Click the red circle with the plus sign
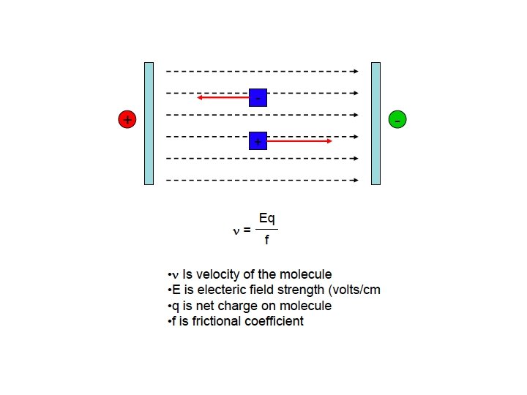point(127,120)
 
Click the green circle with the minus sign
point(397,120)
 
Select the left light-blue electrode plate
point(149,123)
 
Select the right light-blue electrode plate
point(376,123)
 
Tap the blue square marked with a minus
point(258,97)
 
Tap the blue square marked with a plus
point(258,140)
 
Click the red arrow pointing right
point(300,140)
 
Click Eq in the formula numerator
point(267,218)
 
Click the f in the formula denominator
point(266,240)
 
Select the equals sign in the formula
point(247,230)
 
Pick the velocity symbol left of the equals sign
point(236,231)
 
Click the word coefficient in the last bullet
point(275,321)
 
